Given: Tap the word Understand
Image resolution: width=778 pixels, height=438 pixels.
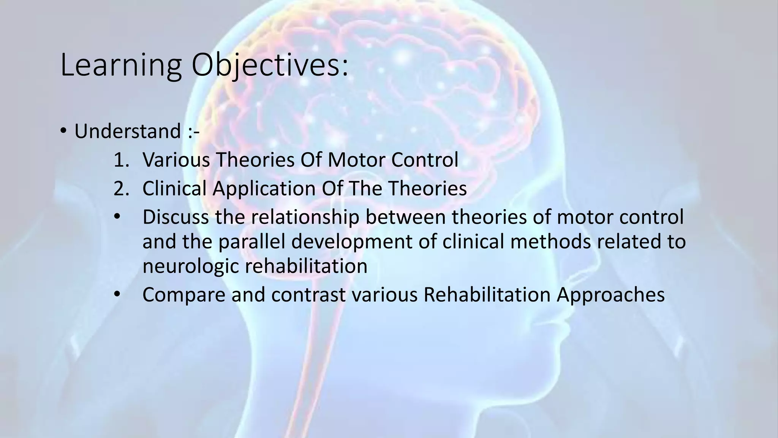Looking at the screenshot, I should point(127,132).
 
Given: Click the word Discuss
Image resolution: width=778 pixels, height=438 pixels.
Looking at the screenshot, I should point(176,217).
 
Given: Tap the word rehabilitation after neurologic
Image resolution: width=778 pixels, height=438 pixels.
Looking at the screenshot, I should point(306,266).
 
